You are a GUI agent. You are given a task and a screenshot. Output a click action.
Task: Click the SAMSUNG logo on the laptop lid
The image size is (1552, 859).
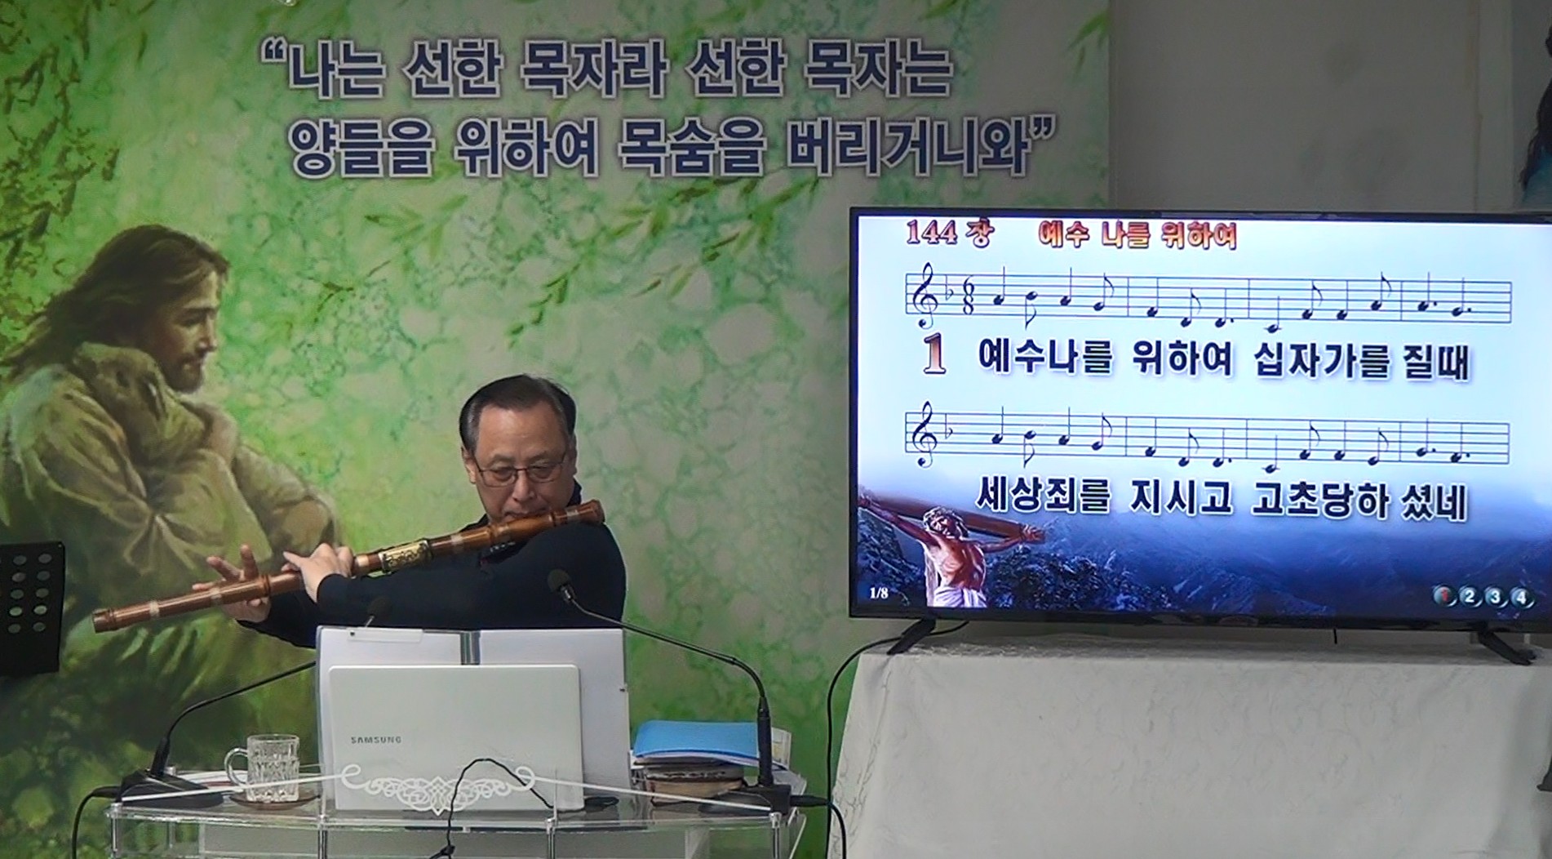pos(376,740)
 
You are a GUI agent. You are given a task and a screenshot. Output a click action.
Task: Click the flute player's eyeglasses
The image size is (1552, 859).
pos(521,470)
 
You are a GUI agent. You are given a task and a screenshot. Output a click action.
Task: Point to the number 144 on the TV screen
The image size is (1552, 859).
pos(930,233)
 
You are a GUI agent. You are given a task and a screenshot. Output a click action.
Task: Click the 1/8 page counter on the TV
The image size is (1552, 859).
pos(878,593)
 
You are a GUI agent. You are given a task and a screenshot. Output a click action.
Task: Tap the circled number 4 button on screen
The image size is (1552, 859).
pos(1519,597)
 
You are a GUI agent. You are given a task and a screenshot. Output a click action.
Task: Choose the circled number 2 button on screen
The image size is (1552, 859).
pos(1469,597)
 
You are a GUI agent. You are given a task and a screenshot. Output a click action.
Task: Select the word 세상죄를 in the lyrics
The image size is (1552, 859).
pos(1044,496)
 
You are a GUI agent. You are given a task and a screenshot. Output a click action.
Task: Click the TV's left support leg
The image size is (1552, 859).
pos(911,636)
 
